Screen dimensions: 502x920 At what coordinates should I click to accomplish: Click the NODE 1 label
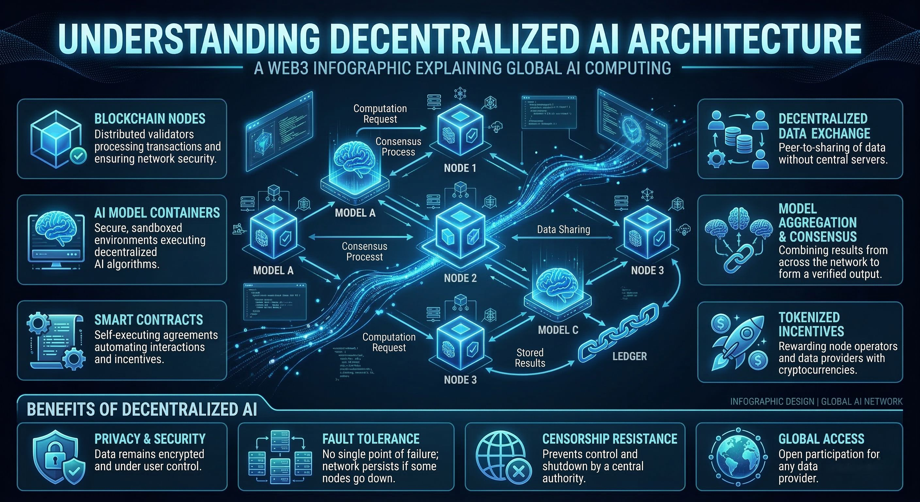pyautogui.click(x=460, y=168)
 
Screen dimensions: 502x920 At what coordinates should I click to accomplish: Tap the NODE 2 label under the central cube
pyautogui.click(x=460, y=278)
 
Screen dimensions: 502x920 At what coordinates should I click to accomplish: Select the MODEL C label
pyautogui.click(x=558, y=330)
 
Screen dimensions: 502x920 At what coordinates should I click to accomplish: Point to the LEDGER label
pyautogui.click(x=630, y=356)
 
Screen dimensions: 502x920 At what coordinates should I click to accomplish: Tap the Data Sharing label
pyautogui.click(x=563, y=229)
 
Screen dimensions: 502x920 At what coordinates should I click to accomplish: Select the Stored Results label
pyautogui.click(x=530, y=358)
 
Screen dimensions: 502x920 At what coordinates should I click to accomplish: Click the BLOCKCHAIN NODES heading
pyautogui.click(x=150, y=119)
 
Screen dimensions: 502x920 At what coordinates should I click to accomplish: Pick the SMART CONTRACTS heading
pyautogui.click(x=149, y=320)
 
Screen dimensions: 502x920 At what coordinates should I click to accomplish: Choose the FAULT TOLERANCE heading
pyautogui.click(x=371, y=439)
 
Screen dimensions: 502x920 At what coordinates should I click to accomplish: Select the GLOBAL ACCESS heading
pyautogui.click(x=821, y=439)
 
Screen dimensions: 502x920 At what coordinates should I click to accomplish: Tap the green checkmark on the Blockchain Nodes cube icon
pyautogui.click(x=78, y=156)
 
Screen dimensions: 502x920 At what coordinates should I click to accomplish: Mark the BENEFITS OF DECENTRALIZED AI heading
pyautogui.click(x=142, y=410)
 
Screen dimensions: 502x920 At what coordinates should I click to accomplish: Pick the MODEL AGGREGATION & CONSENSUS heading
pyautogui.click(x=817, y=222)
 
